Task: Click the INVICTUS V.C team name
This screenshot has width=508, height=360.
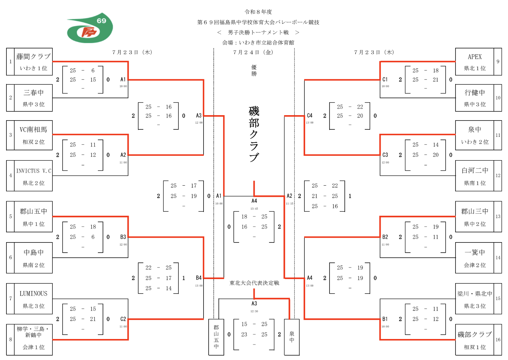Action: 34,171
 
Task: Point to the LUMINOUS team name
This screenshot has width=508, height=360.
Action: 33,294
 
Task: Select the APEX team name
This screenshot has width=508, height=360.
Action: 475,57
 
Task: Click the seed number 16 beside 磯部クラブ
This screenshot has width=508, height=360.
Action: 498,340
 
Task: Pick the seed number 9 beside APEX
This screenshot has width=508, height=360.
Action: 498,62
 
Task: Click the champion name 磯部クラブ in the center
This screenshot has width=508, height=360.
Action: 254,134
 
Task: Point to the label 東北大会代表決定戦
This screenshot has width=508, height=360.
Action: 254,283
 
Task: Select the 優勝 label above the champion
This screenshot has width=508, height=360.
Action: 254,70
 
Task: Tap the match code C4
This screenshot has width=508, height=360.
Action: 310,116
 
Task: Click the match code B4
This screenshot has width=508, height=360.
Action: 199,278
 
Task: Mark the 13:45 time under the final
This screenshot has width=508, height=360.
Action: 254,209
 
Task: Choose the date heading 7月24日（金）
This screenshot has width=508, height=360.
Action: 253,52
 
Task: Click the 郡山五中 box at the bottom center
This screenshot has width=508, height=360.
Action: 216,337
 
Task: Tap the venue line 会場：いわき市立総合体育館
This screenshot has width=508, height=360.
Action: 258,42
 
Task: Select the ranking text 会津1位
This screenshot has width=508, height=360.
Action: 33,347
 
